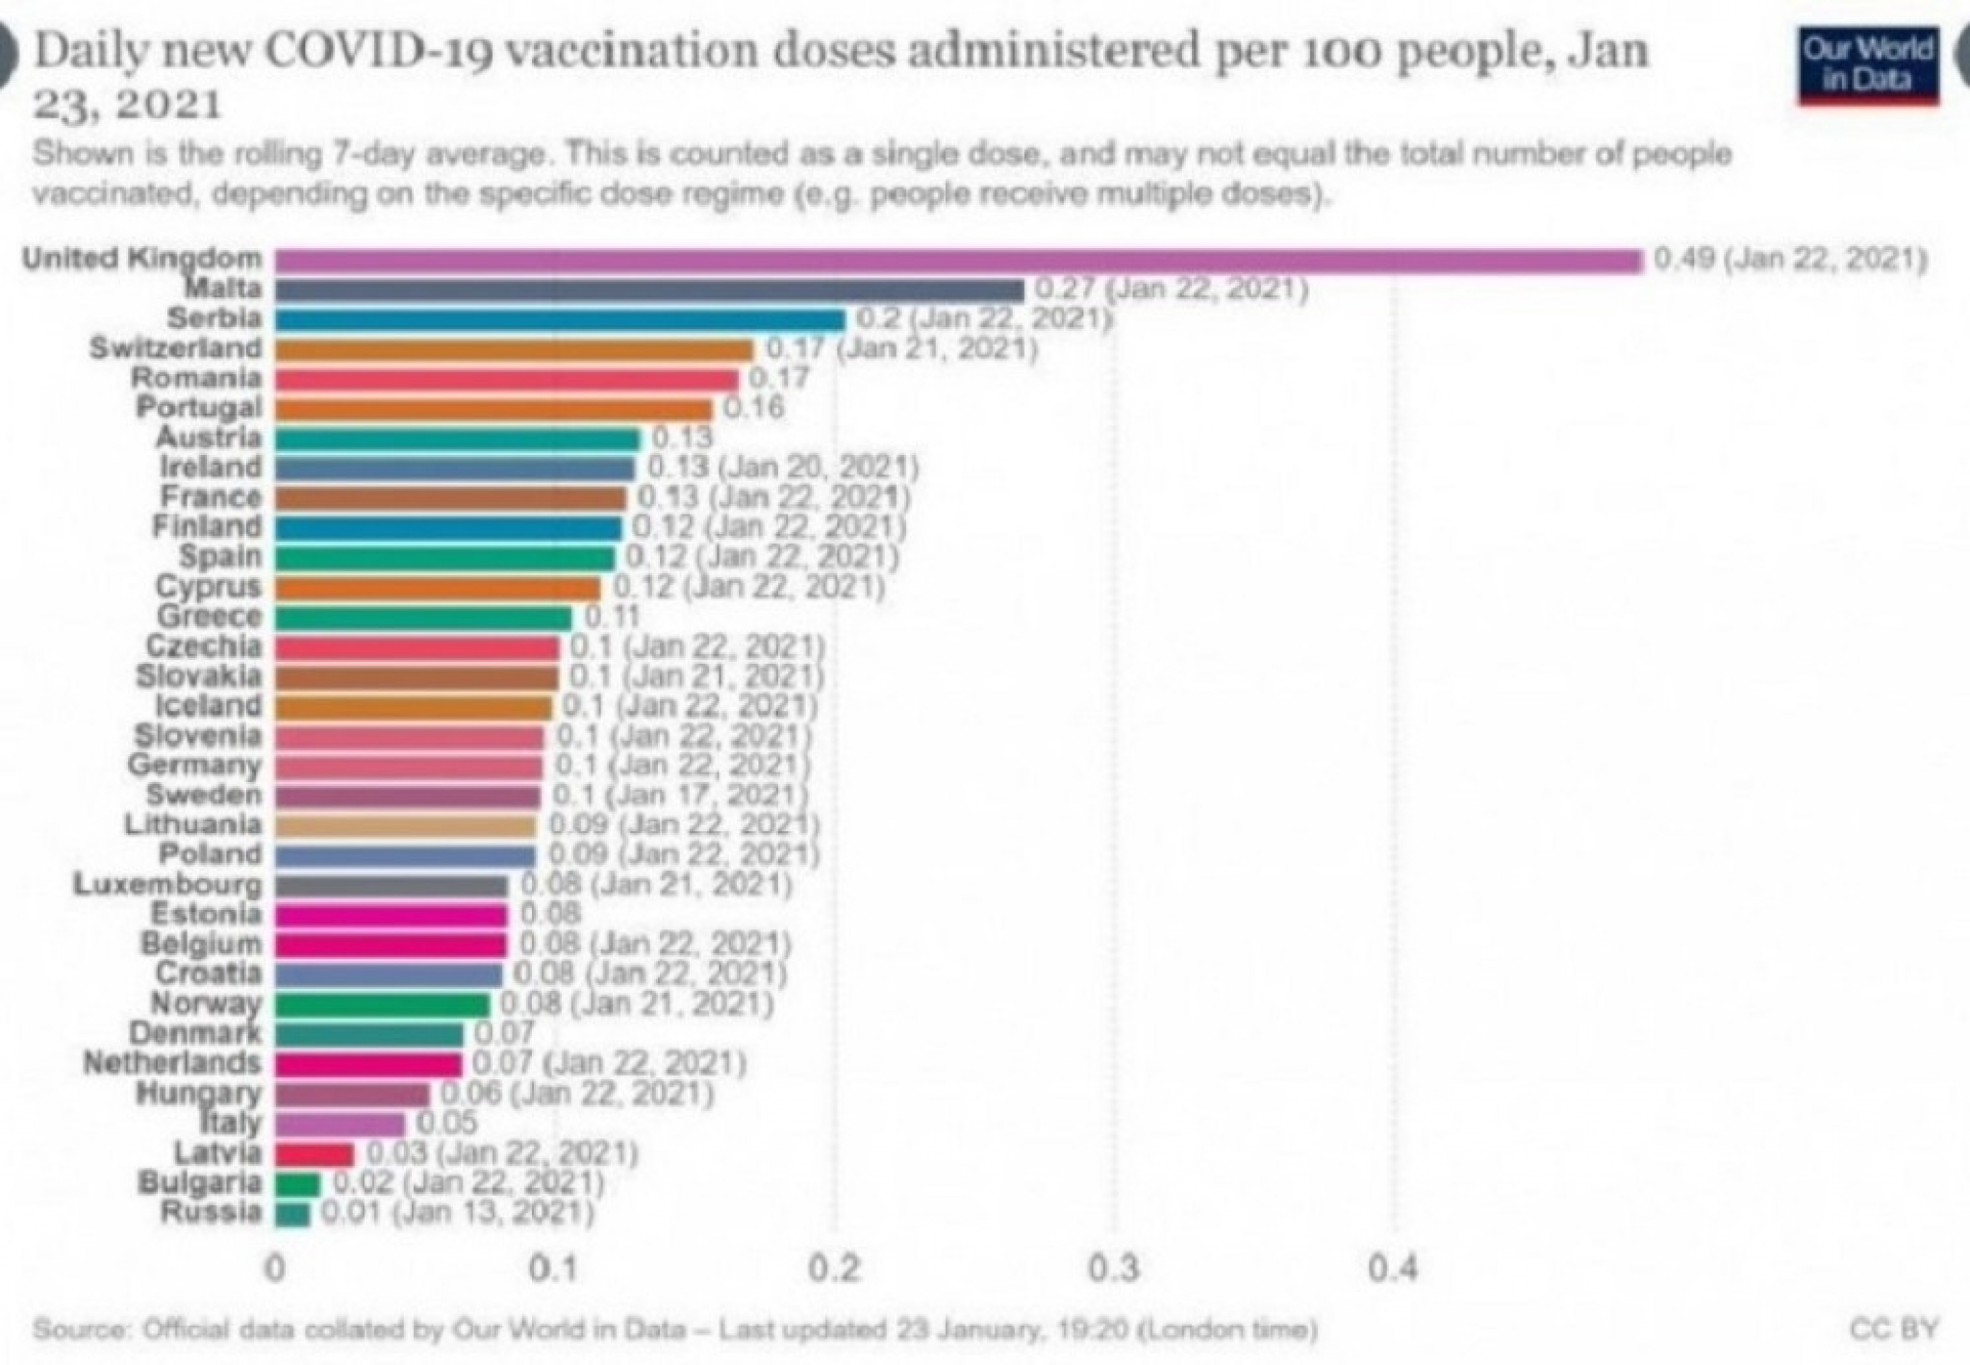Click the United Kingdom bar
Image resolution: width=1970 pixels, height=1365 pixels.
point(958,261)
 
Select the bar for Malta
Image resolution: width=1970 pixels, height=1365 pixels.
point(649,291)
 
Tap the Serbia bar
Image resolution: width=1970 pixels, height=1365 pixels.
point(560,320)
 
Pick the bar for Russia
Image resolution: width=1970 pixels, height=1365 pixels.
point(292,1214)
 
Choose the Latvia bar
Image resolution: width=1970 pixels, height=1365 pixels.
point(315,1154)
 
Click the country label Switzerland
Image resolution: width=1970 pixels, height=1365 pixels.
point(176,348)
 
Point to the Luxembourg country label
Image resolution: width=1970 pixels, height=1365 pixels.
point(167,884)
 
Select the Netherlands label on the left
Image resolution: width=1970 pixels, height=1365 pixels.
point(172,1063)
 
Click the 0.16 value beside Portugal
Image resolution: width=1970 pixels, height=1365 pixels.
point(753,408)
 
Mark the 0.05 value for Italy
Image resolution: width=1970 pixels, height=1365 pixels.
point(446,1123)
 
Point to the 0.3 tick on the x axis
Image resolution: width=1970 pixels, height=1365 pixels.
point(1114,1270)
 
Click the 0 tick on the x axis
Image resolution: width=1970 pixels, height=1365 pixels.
point(275,1270)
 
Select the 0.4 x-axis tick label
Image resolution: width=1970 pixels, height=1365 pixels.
point(1393,1270)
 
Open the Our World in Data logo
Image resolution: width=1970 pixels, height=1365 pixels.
point(1867,65)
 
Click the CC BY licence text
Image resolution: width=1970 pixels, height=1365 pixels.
point(1893,1329)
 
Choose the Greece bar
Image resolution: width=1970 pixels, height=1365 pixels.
point(423,618)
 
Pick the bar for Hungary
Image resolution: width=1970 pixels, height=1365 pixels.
point(352,1095)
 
